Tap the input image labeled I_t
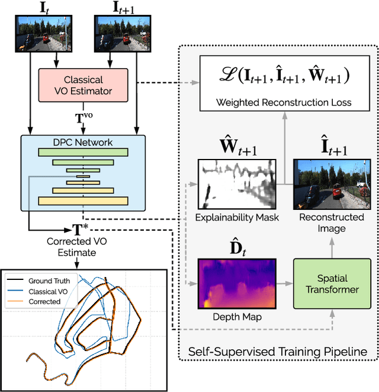[40, 34]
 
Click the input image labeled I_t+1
[122, 34]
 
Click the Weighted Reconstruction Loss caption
[283, 103]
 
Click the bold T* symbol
[79, 230]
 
